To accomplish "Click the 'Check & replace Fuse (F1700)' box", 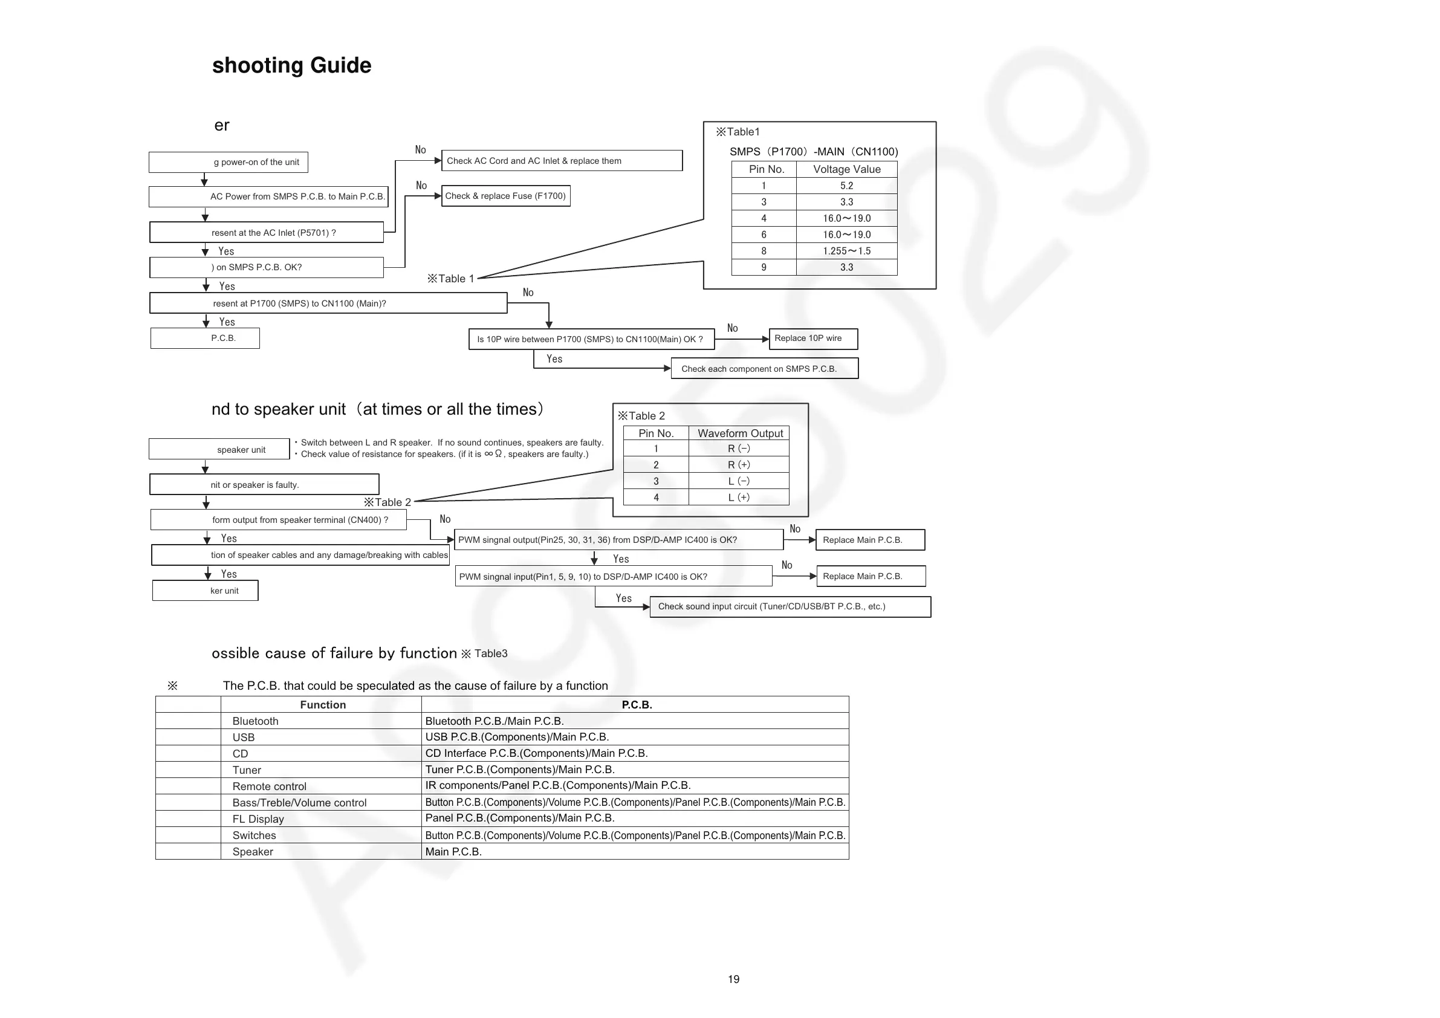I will click(x=505, y=196).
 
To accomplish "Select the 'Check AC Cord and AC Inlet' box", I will click(x=562, y=161).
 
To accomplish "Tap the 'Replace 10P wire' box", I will click(x=813, y=339).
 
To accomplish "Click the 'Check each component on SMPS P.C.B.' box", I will click(x=764, y=369).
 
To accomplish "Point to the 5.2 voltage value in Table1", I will click(x=847, y=186).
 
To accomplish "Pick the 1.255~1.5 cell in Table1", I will click(x=847, y=251).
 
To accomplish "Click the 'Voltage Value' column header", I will click(x=847, y=169).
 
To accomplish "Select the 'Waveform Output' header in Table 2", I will click(x=739, y=433).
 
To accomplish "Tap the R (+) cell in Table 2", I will click(x=739, y=465).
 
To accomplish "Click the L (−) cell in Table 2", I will click(x=739, y=481).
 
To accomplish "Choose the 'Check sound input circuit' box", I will click(x=790, y=606).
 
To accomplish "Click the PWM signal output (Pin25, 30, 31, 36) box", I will click(x=618, y=540).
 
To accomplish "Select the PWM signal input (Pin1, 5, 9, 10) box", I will click(x=614, y=577).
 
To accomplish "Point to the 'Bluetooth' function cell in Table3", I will click(x=255, y=721).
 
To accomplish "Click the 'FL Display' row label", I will click(x=258, y=819).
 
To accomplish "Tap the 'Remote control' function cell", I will click(x=269, y=786).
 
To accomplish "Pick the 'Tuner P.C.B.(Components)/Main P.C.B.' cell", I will click(x=520, y=770).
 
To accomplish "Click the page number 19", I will click(x=733, y=979).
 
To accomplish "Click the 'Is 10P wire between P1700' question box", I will click(x=591, y=339).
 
